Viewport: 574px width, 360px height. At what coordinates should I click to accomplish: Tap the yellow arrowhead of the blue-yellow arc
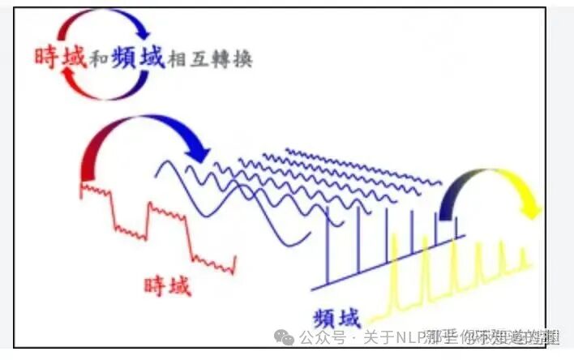(531, 209)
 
